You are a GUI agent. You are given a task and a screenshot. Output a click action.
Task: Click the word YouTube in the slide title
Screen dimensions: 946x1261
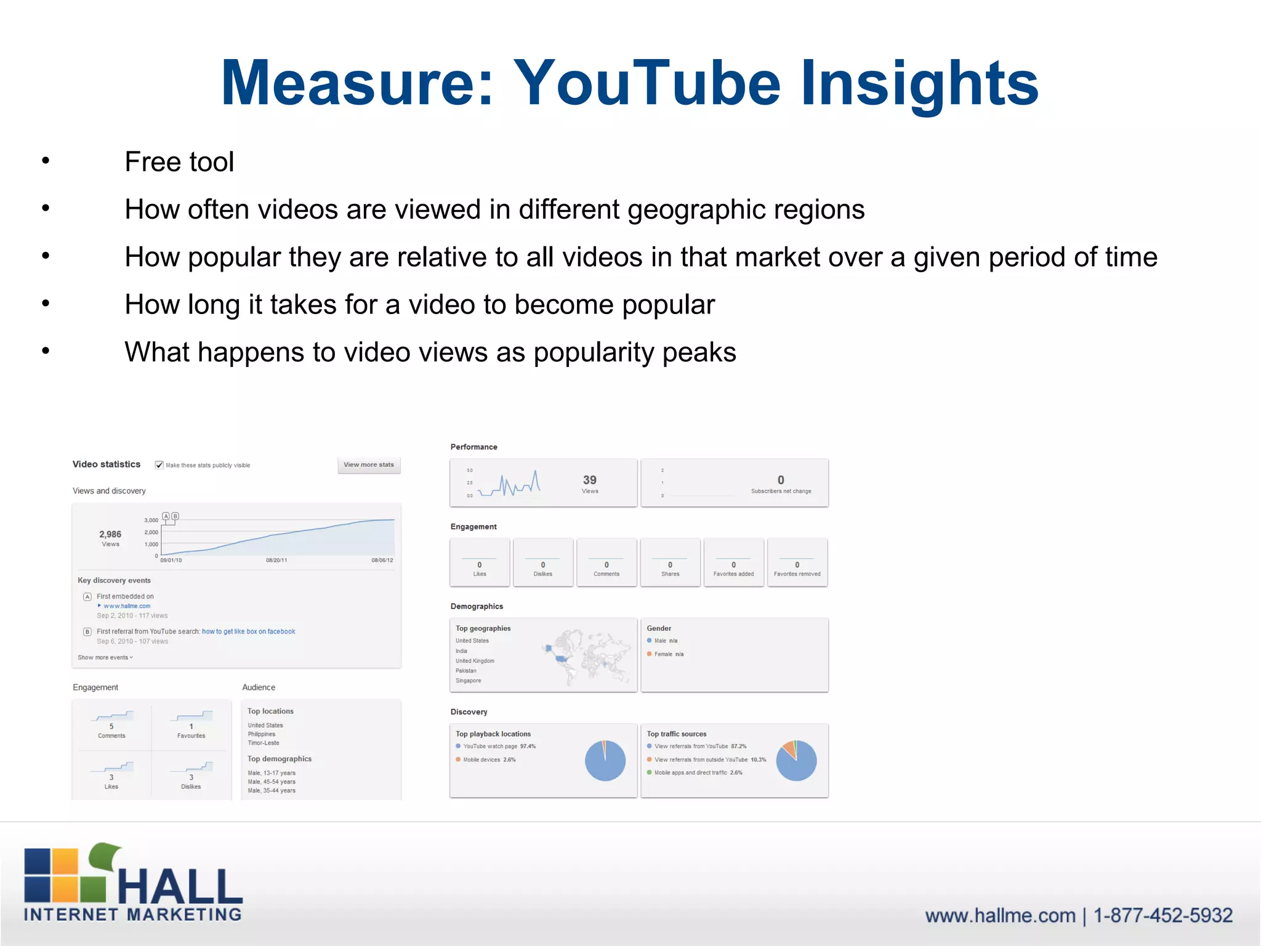click(647, 83)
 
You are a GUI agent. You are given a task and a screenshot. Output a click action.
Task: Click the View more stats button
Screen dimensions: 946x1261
click(369, 465)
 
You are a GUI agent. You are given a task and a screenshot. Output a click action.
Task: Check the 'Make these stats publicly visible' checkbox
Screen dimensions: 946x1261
click(159, 465)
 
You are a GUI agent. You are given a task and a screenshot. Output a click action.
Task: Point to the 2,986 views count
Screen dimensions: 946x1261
click(110, 535)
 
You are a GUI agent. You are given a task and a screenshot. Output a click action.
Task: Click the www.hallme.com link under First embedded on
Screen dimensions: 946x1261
click(127, 606)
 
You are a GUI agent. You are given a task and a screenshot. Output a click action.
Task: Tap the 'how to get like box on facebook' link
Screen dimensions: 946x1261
click(249, 631)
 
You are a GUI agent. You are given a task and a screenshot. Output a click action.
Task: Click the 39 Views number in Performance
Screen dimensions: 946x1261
click(590, 480)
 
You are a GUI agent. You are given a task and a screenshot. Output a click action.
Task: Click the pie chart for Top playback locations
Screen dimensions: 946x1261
click(605, 761)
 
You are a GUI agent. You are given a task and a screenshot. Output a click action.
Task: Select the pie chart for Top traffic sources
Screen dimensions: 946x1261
click(796, 761)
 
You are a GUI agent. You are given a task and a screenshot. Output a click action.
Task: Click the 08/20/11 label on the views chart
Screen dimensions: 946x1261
click(276, 560)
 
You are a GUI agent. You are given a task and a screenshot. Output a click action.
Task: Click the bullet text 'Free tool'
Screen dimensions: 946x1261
click(179, 162)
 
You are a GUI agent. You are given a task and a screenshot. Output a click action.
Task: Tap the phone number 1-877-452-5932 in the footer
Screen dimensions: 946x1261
click(1162, 916)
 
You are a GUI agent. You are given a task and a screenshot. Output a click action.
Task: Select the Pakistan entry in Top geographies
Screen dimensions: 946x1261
click(466, 671)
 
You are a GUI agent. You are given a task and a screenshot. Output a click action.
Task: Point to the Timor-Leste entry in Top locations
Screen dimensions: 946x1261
click(264, 743)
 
